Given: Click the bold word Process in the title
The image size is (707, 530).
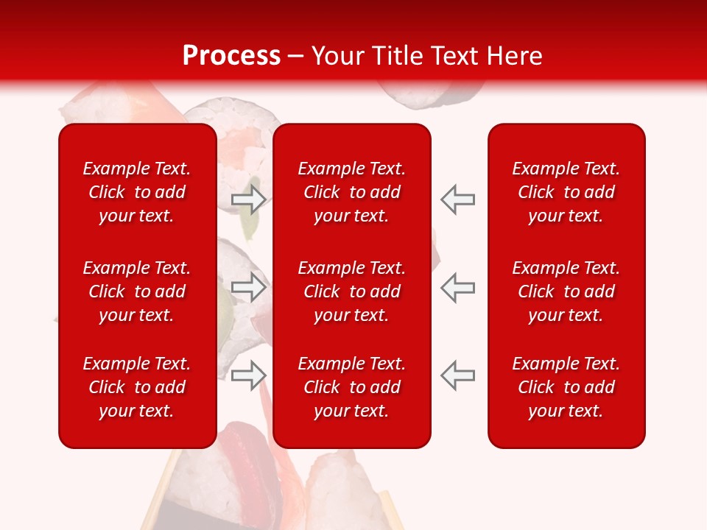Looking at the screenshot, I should pos(231,56).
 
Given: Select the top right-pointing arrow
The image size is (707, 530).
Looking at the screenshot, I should pos(248,199).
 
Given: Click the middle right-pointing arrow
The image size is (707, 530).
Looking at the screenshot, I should pos(248,286).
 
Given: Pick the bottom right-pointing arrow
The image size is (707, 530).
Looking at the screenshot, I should pos(248,375).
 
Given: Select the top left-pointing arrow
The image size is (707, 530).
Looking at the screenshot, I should pos(458,199).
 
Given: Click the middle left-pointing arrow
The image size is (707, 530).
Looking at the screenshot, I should pos(458,286).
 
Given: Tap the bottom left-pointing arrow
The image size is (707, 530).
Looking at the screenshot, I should pos(458,375).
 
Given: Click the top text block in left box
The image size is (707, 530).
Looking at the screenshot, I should pos(137,192).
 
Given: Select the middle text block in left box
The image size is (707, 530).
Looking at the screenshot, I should pos(137,291).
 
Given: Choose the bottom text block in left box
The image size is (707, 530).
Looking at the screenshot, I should pos(137,387).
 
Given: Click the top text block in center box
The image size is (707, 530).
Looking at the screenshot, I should pos(351,192).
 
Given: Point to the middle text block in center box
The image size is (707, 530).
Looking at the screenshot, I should pos(351,291).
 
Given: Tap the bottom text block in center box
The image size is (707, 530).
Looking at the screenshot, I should pos(351,387).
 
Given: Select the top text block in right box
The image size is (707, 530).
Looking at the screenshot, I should pos(566,192).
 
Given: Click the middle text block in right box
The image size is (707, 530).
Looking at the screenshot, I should pos(566,291).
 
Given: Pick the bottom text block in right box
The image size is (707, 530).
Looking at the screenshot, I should pos(566,387).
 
